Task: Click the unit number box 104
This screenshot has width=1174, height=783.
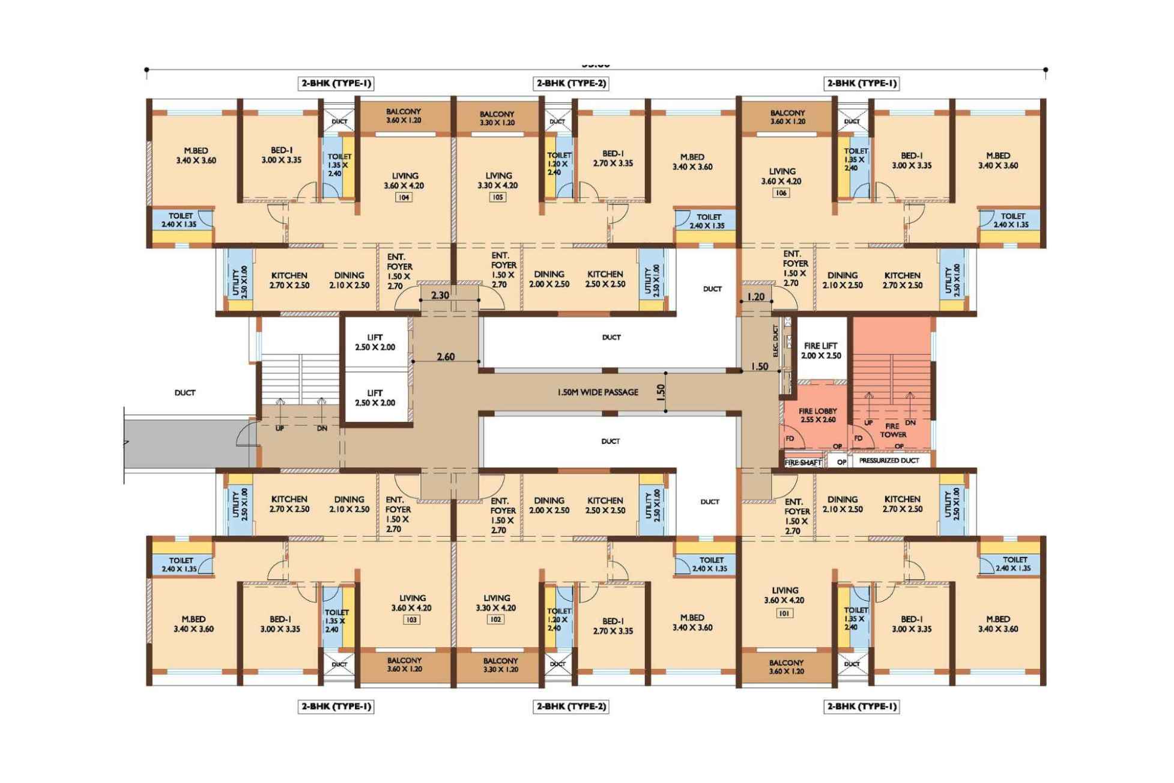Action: pyautogui.click(x=404, y=197)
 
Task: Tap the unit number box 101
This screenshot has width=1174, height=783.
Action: pyautogui.click(x=784, y=613)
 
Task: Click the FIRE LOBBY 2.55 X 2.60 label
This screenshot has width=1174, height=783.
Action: pyautogui.click(x=817, y=415)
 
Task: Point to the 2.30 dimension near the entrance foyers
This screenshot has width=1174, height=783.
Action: pyautogui.click(x=440, y=295)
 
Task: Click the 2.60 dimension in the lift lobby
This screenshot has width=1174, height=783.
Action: pyautogui.click(x=446, y=356)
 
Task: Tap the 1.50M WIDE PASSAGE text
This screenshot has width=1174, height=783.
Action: pyautogui.click(x=598, y=392)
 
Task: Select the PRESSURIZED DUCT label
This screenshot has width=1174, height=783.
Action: pyautogui.click(x=889, y=460)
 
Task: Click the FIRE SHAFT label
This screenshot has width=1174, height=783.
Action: pyautogui.click(x=803, y=463)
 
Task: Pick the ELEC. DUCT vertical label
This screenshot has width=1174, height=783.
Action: pyautogui.click(x=775, y=342)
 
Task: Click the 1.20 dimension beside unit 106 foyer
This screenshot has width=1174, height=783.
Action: pyautogui.click(x=756, y=296)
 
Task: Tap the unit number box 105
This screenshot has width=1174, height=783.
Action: pyautogui.click(x=497, y=197)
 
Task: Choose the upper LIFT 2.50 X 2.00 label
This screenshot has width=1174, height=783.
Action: pyautogui.click(x=375, y=342)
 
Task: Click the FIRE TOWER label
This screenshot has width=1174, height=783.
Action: pyautogui.click(x=893, y=430)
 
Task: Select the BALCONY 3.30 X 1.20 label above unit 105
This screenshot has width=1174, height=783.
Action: pyautogui.click(x=497, y=118)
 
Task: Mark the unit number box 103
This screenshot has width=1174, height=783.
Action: pyautogui.click(x=411, y=620)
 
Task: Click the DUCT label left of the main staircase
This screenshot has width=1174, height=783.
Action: pyautogui.click(x=185, y=392)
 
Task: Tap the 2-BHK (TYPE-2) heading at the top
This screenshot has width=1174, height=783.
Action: pyautogui.click(x=571, y=84)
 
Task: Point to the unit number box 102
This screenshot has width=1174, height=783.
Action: pyautogui.click(x=495, y=620)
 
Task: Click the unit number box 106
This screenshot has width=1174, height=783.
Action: pyautogui.click(x=781, y=193)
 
